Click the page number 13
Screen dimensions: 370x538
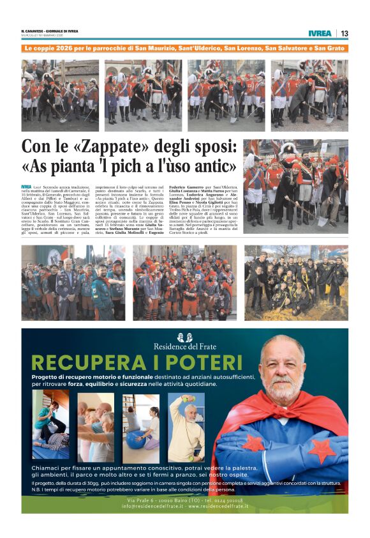[x=344, y=33]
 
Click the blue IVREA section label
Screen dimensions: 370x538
[x=319, y=33]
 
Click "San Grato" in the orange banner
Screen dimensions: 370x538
[x=328, y=48]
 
